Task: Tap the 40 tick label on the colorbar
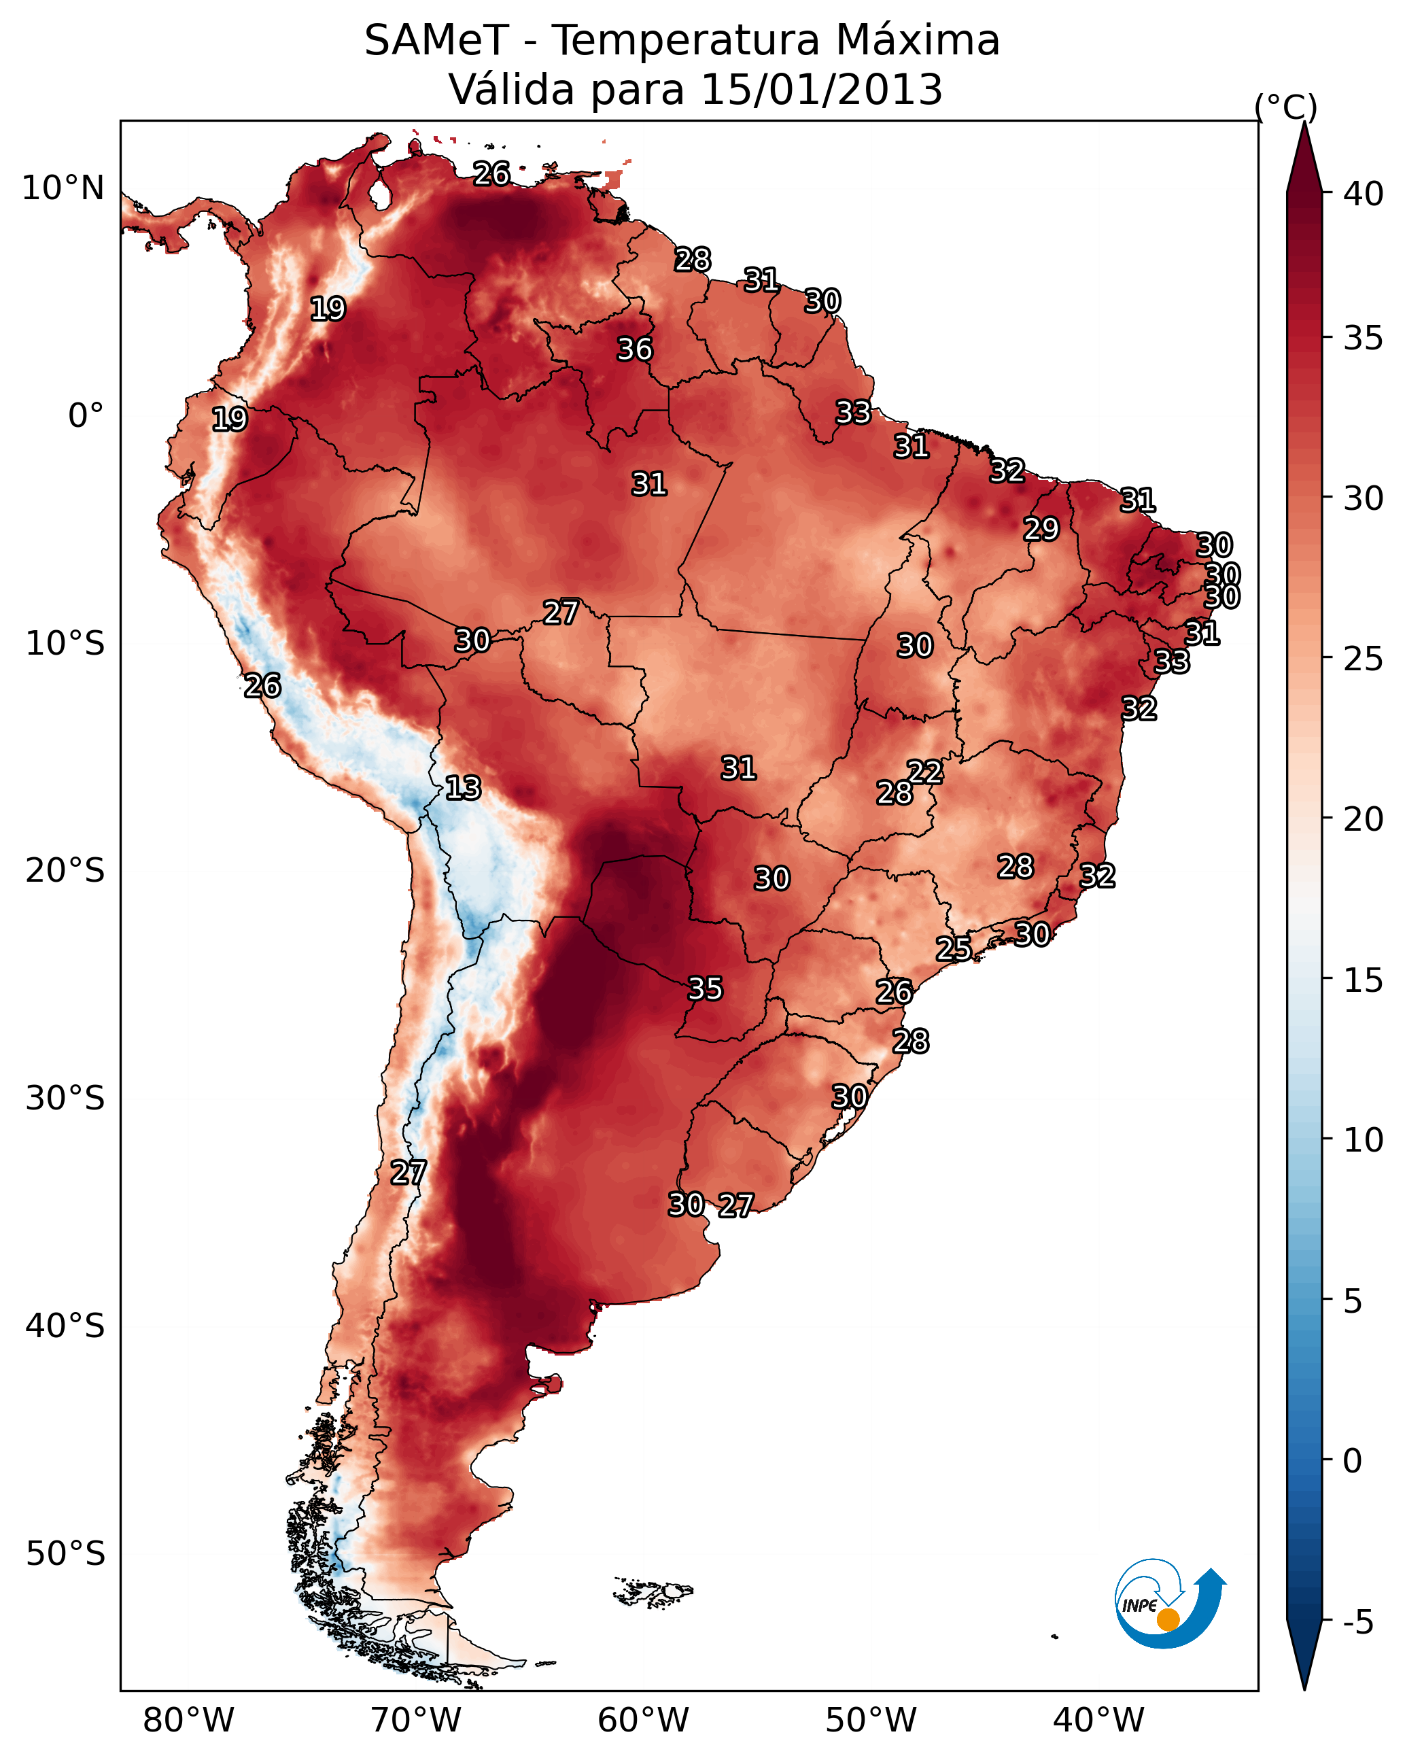pyautogui.click(x=1364, y=194)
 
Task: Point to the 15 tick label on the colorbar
pyautogui.click(x=1364, y=980)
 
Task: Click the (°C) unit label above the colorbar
pyautogui.click(x=1285, y=107)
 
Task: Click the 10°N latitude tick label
pyautogui.click(x=63, y=188)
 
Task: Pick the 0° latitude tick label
pyautogui.click(x=86, y=416)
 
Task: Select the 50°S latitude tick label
pyautogui.click(x=65, y=1554)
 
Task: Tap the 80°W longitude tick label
pyautogui.click(x=188, y=1721)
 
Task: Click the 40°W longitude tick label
pyautogui.click(x=1098, y=1721)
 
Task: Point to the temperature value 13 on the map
pyautogui.click(x=463, y=789)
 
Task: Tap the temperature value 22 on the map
pyautogui.click(x=924, y=772)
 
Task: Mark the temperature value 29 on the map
pyautogui.click(x=1041, y=529)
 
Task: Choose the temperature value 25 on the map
pyautogui.click(x=953, y=948)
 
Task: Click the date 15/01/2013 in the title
pyautogui.click(x=821, y=90)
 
